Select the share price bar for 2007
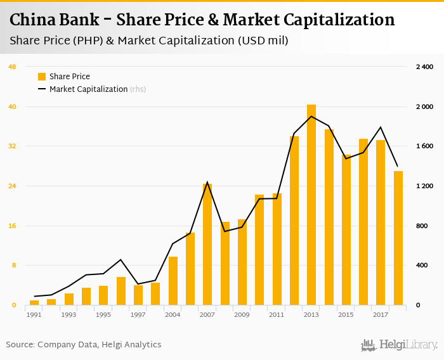207,244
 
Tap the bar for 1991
34,303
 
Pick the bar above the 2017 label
381,222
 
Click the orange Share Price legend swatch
42,77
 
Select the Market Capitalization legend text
89,89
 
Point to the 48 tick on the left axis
12,67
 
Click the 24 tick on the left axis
12,186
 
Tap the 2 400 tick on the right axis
424,67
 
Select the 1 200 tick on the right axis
424,186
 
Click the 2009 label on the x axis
242,315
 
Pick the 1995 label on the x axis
103,315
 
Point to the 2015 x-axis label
346,315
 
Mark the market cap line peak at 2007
207,183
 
